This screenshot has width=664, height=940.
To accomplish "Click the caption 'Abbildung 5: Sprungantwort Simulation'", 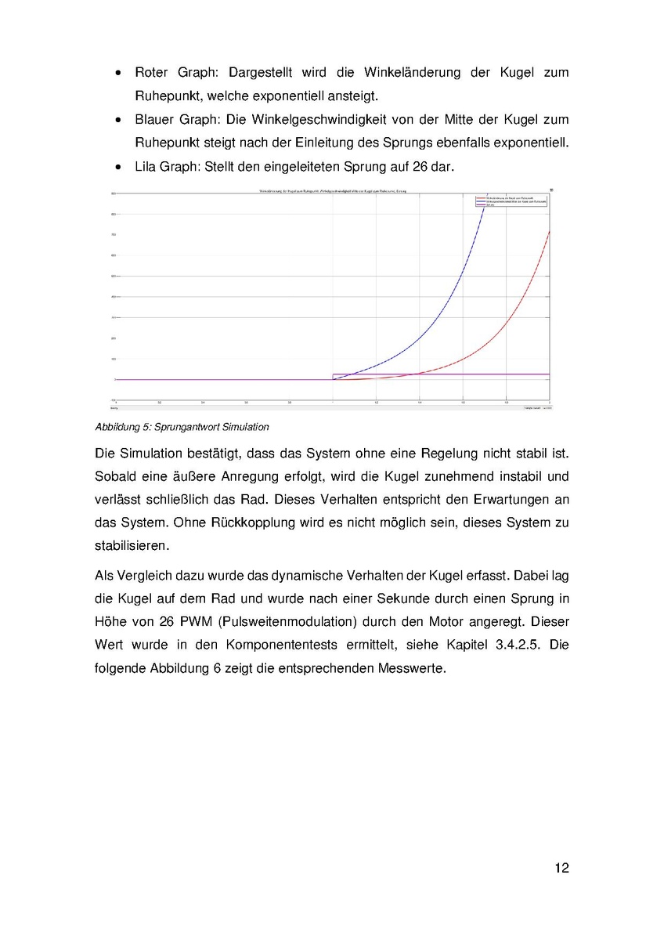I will (182, 427).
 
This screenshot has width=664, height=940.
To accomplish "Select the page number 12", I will (561, 868).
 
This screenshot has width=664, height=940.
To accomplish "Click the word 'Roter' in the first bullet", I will (153, 73).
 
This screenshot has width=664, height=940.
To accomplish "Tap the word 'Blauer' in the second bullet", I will (156, 120).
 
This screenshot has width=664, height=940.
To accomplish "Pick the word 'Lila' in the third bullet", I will (146, 168).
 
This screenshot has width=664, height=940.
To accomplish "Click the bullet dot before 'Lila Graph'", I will (117, 168).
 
